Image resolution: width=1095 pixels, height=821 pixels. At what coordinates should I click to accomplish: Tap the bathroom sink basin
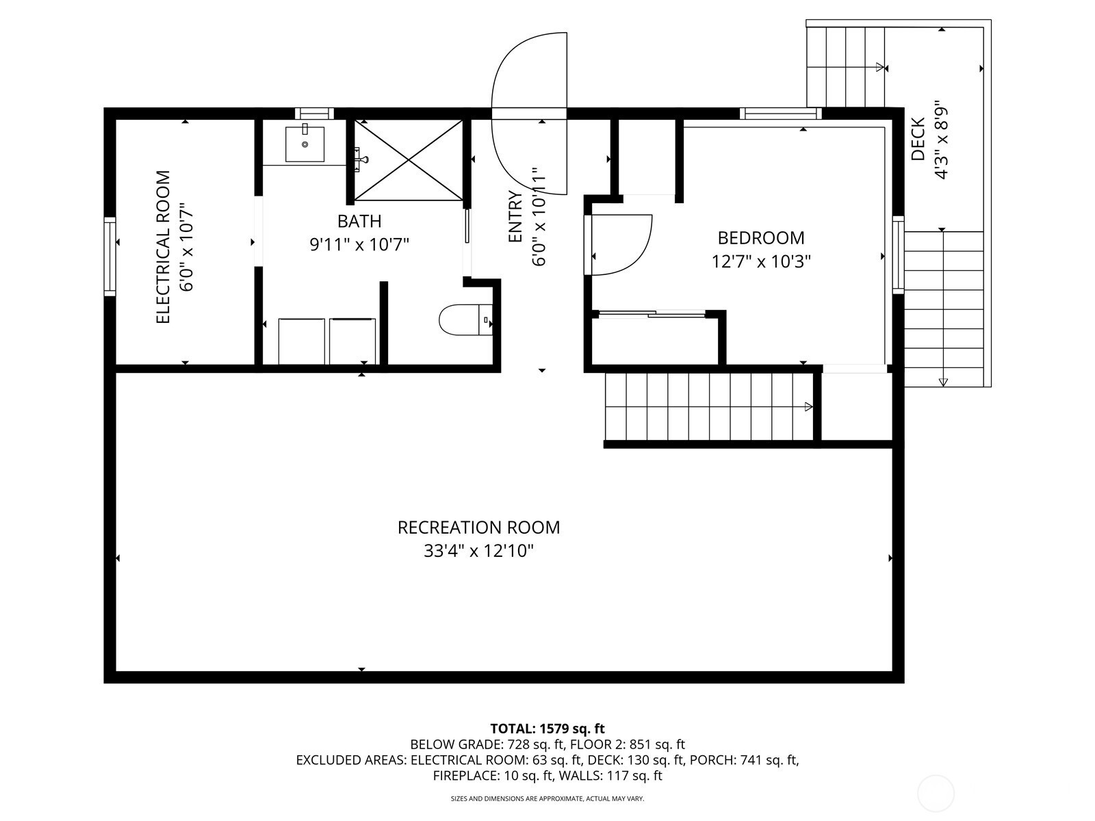[305, 144]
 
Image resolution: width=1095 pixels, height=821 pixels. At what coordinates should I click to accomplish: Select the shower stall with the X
[408, 160]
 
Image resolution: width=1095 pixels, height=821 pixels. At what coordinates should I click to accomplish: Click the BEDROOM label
[761, 238]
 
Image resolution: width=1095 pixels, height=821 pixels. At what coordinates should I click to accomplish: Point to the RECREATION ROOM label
[478, 527]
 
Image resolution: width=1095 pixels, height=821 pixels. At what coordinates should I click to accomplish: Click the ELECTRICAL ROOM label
[164, 247]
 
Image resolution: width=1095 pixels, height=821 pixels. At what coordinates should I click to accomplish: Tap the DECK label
[918, 139]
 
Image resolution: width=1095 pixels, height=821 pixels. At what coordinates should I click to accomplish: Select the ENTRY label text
[515, 217]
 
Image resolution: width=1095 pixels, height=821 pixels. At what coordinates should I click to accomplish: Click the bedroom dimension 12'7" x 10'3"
[761, 261]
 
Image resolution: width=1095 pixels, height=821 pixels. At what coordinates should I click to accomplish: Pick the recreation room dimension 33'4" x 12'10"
[478, 551]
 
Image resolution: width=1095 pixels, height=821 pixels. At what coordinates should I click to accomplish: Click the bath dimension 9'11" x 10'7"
[359, 245]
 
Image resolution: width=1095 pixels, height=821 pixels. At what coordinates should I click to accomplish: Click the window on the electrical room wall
[109, 256]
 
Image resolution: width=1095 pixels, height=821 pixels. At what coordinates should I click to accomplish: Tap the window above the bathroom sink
[314, 113]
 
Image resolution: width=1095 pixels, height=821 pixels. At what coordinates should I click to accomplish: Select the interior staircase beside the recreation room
[709, 407]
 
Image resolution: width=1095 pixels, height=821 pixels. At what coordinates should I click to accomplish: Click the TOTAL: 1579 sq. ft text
[547, 728]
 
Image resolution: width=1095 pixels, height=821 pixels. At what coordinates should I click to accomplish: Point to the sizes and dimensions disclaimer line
[547, 798]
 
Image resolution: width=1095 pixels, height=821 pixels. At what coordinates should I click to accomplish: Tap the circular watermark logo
[936, 794]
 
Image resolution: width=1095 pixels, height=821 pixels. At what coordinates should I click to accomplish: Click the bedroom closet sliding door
[652, 313]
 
